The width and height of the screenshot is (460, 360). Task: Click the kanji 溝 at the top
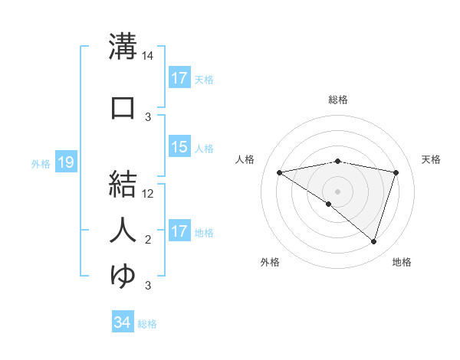[x=123, y=47]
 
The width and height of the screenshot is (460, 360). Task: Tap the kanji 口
[x=123, y=108]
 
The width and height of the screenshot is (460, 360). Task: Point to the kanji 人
[x=123, y=230]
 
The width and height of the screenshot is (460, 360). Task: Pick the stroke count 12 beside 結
[x=149, y=193]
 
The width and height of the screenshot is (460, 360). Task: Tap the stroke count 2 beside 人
[x=148, y=240]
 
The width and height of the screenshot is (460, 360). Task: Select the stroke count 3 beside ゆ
[x=148, y=286]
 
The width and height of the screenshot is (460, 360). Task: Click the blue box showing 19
[x=65, y=162]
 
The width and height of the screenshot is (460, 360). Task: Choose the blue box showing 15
[x=179, y=147]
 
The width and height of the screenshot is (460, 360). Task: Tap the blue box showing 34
[x=122, y=322]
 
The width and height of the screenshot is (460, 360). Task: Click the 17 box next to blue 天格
[x=179, y=78]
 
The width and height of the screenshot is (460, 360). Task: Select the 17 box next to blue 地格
[x=179, y=231]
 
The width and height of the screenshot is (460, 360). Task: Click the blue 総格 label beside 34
[x=147, y=324]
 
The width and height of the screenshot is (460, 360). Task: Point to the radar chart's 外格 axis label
[x=270, y=262]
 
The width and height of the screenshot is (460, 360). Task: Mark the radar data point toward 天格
[x=396, y=172]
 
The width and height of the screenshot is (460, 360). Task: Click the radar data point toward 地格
[x=373, y=241]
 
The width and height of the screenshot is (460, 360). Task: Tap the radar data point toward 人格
[x=279, y=172]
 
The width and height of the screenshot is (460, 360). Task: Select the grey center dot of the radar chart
[x=337, y=191]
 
